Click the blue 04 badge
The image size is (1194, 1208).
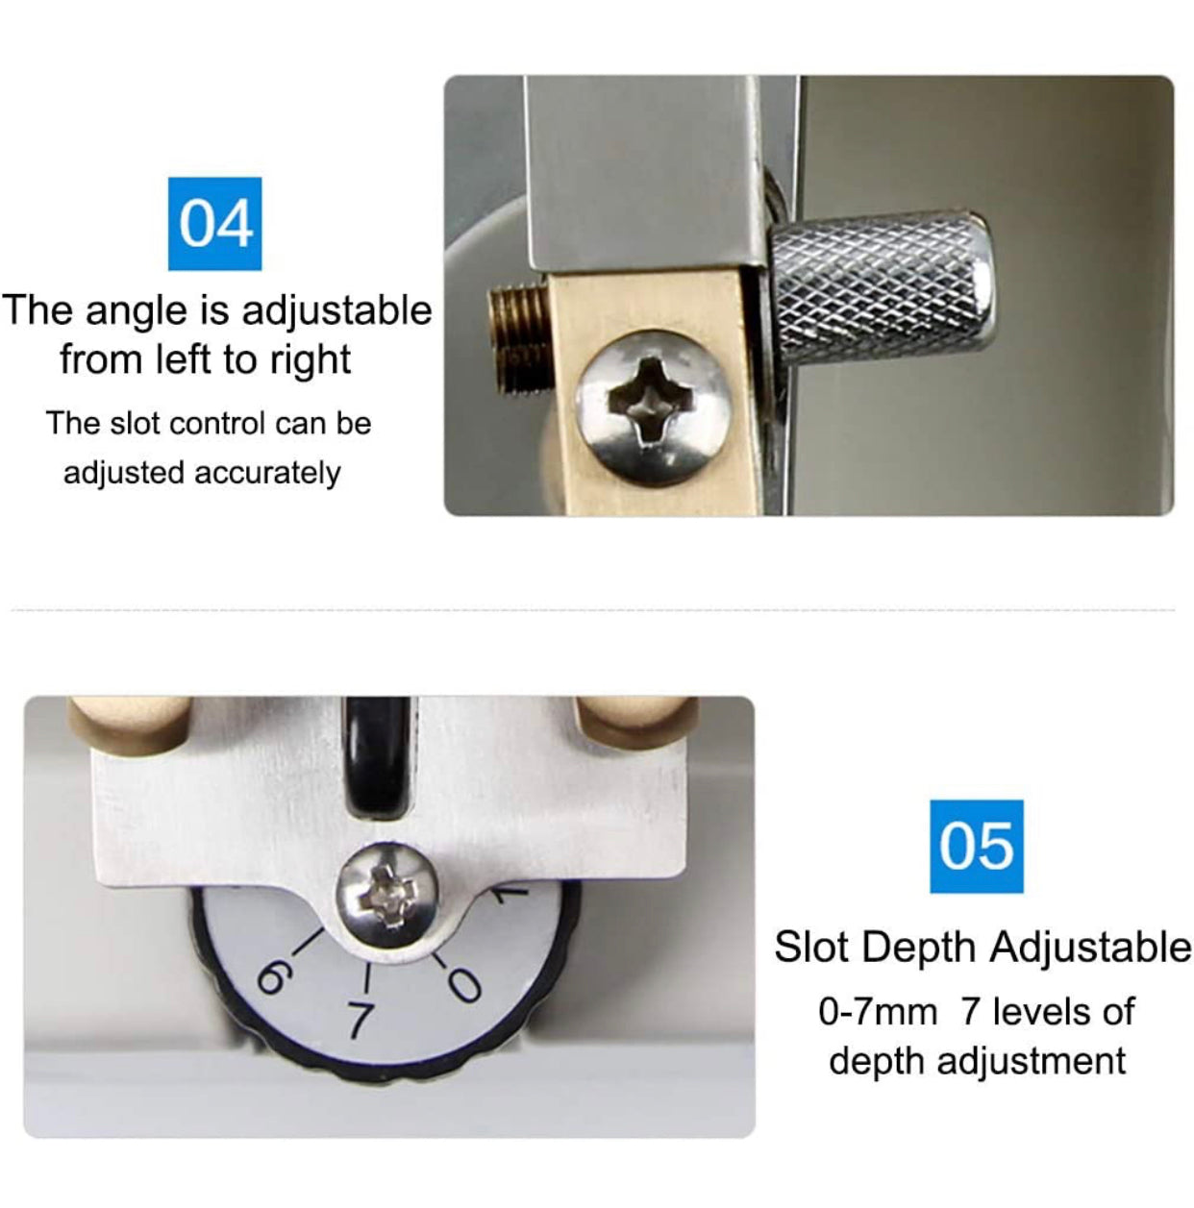[214, 224]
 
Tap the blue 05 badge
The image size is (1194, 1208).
[977, 847]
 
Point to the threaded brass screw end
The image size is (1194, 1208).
[520, 339]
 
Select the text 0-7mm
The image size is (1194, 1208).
[878, 1012]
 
